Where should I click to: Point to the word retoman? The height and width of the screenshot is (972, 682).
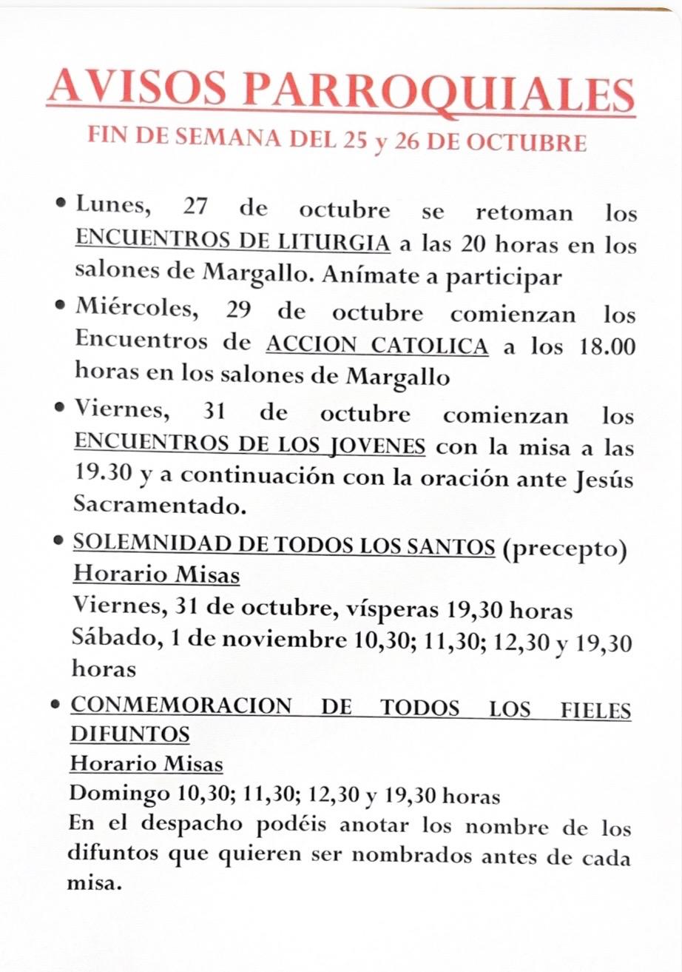[523, 212]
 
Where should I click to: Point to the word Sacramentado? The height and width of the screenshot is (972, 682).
[158, 506]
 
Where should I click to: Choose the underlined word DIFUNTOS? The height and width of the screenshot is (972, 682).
[129, 734]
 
